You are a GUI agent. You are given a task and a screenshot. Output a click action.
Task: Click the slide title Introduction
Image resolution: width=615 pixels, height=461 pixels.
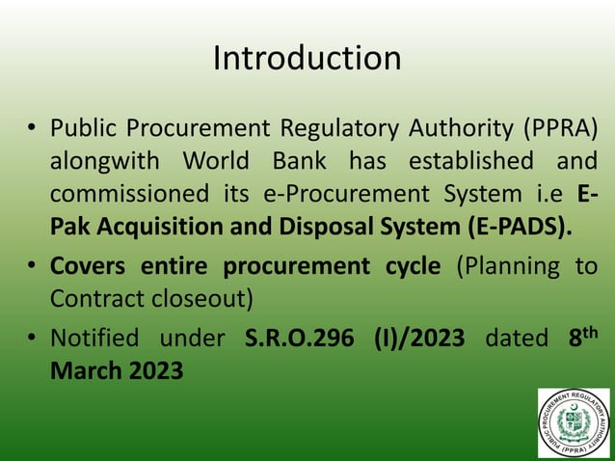click(307, 59)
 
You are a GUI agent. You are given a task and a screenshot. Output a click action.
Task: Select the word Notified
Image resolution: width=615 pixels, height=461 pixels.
click(93, 339)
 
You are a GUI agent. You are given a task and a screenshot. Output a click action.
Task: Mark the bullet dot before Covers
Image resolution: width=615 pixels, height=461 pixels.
click(32, 267)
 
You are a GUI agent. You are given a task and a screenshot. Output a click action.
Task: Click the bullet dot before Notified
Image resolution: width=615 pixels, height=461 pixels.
click(32, 339)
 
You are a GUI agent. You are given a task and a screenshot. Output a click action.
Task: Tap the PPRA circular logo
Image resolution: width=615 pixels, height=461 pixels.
click(574, 422)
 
